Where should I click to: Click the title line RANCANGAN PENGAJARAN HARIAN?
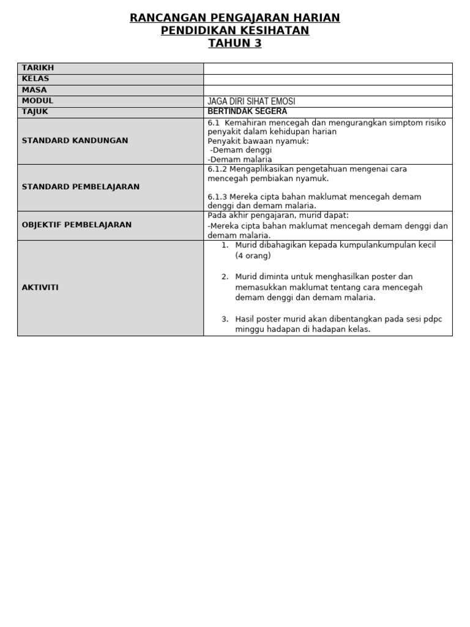[235, 18]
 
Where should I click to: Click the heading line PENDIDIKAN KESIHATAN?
[235, 31]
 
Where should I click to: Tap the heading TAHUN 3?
[235, 43]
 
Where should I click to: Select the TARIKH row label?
[38, 68]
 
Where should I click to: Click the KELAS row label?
[35, 79]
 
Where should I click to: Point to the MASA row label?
[34, 90]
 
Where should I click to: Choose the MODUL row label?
[37, 100]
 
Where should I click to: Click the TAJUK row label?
[35, 111]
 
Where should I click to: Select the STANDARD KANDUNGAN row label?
[75, 140]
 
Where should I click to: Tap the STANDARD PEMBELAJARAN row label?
[81, 187]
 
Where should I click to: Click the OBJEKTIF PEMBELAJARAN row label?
[76, 225]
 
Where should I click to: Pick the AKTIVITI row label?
[40, 287]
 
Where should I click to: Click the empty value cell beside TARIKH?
[327, 68]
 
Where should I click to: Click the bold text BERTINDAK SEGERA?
[247, 111]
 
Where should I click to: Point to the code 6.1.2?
[217, 169]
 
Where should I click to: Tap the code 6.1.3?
[217, 197]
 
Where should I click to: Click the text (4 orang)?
[253, 256]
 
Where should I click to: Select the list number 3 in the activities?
[225, 319]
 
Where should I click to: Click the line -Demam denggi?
[241, 150]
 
